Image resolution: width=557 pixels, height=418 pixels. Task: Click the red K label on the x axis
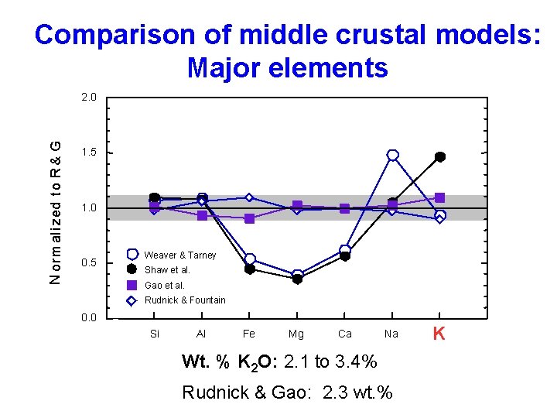click(439, 334)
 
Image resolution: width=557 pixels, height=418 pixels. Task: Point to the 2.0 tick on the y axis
click(89, 98)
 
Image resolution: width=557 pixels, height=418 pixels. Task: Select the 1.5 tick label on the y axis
click(89, 153)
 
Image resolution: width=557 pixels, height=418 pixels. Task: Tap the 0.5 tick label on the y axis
click(89, 263)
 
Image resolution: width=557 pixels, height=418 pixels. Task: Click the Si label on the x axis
click(154, 334)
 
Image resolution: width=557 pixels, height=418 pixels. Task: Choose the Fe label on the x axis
click(249, 334)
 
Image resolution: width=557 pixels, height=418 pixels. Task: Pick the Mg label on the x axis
click(296, 334)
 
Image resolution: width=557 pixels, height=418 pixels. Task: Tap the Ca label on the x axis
click(345, 334)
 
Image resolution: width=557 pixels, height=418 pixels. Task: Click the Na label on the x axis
click(391, 334)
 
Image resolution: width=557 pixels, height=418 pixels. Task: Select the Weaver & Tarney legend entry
click(179, 255)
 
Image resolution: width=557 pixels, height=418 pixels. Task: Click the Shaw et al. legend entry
click(167, 270)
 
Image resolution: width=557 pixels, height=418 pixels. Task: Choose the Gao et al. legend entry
click(164, 285)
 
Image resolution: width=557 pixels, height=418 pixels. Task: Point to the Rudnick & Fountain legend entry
click(184, 300)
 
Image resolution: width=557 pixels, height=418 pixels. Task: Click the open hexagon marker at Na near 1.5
click(393, 156)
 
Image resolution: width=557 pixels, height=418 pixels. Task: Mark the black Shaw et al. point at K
click(440, 157)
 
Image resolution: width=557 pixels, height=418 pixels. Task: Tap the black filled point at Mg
click(297, 279)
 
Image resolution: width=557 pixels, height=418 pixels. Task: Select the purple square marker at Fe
click(249, 219)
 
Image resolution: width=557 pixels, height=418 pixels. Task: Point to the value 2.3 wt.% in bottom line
click(357, 392)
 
